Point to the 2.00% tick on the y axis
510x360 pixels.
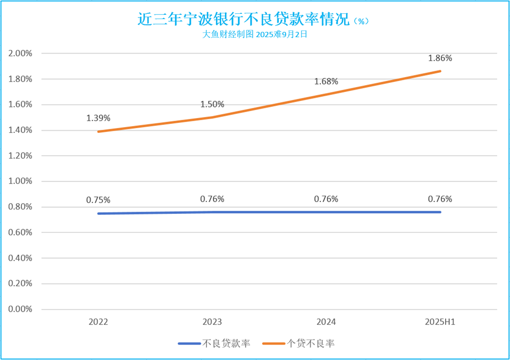pos(21,54)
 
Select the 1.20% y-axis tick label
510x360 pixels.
pos(21,156)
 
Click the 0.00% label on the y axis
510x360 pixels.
pos(21,309)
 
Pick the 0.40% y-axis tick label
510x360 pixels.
pos(21,258)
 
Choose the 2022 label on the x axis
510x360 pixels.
pos(98,322)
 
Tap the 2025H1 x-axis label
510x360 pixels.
pos(440,322)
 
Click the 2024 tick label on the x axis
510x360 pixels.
pos(326,322)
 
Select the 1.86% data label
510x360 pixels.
pos(440,58)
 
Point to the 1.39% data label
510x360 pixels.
pos(98,118)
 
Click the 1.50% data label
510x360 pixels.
pos(212,104)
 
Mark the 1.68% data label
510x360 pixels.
pos(326,81)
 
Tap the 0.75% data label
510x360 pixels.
pos(98,200)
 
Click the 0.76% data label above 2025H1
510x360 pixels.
pos(440,199)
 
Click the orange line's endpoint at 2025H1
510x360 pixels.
pos(440,71)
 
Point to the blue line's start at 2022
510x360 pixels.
pos(98,214)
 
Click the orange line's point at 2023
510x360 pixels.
pos(212,118)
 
